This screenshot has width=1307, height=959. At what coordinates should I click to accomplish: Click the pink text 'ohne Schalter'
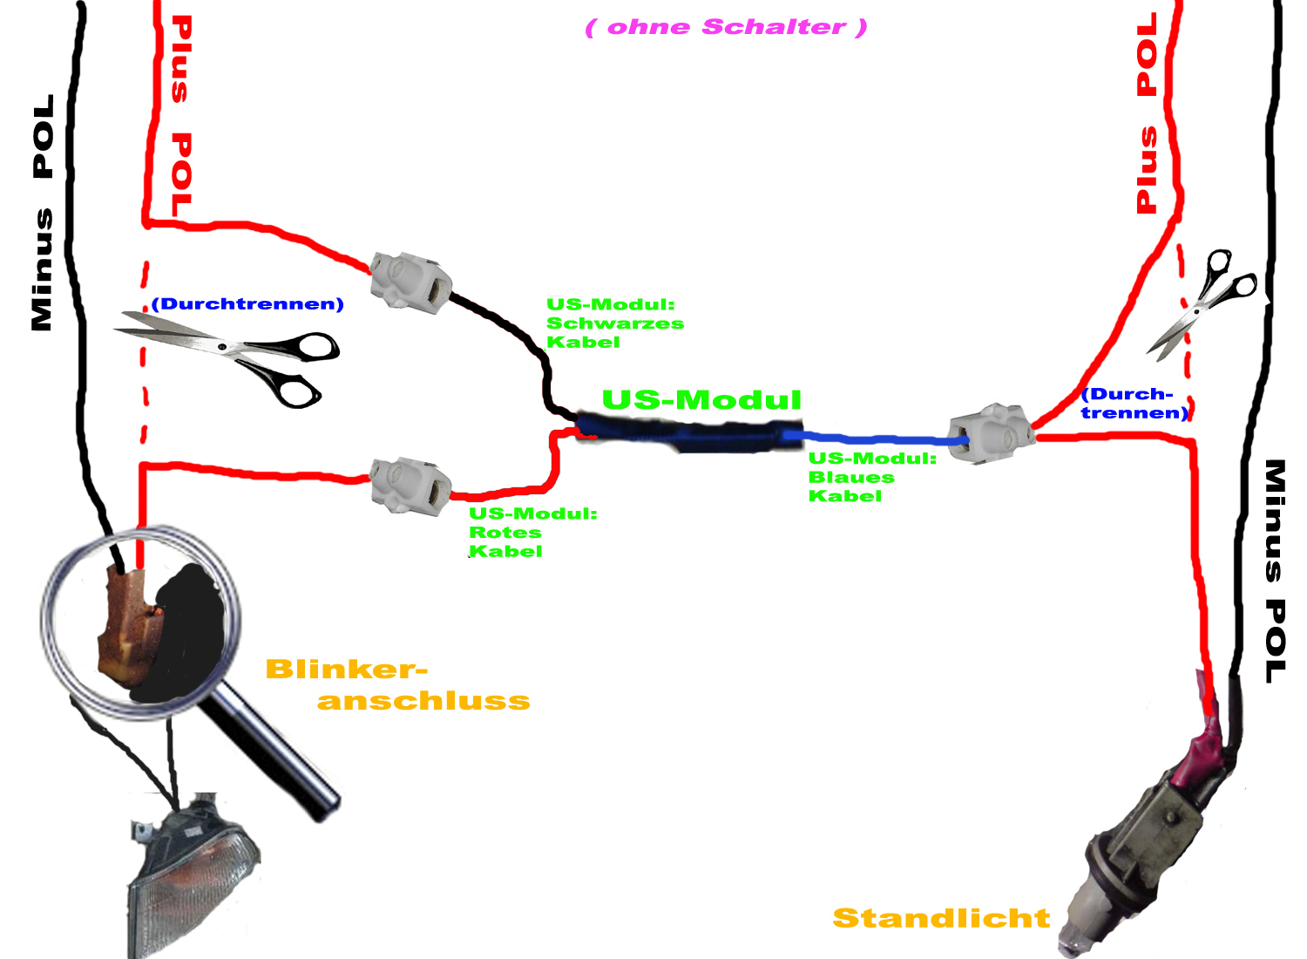[x=726, y=27]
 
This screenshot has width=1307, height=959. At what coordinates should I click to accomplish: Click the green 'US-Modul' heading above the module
[x=701, y=400]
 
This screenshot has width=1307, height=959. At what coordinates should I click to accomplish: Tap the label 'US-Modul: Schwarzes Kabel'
[x=614, y=323]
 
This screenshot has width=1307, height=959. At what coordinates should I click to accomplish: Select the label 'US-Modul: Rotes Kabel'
[x=532, y=532]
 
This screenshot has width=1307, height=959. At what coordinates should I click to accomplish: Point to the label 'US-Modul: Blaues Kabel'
[x=871, y=477]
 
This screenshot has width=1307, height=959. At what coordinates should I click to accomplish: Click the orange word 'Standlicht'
[x=941, y=918]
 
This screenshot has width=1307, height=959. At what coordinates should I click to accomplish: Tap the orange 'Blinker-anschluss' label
[x=396, y=685]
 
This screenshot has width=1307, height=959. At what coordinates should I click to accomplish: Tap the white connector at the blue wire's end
[x=990, y=432]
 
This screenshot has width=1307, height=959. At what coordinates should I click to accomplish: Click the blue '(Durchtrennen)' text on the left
[x=247, y=303]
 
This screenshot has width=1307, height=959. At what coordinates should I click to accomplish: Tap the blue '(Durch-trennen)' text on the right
[x=1133, y=404]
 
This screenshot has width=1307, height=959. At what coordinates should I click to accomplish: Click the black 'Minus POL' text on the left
[x=42, y=213]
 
